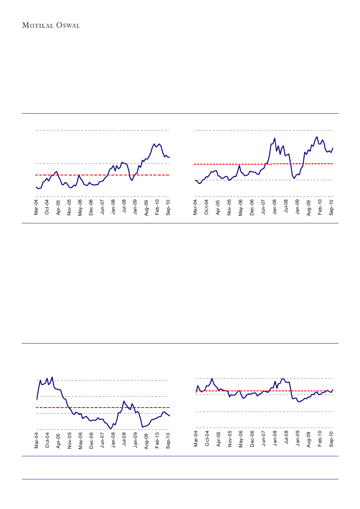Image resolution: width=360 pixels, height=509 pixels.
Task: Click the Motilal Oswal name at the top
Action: [51, 25]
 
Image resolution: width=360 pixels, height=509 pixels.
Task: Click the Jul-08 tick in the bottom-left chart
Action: [124, 441]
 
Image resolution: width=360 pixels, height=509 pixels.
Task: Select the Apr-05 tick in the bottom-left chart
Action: [58, 441]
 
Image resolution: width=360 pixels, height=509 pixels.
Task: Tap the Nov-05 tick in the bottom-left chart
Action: [69, 441]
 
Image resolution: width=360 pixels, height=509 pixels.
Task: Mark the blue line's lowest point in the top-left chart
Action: [38, 189]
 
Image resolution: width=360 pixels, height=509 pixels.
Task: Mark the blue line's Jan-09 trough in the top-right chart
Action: [295, 179]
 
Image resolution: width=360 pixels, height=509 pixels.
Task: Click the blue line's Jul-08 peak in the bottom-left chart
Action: [124, 401]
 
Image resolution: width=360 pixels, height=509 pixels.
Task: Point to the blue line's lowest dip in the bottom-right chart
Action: [299, 402]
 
